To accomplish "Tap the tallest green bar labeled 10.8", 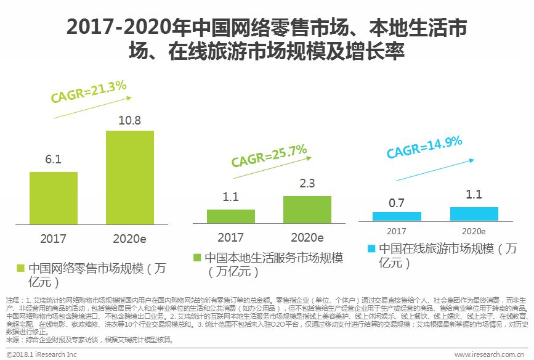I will click(x=130, y=176).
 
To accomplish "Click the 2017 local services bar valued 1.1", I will click(x=231, y=216).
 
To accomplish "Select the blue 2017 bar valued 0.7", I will click(x=397, y=216).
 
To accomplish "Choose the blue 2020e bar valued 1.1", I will click(x=474, y=213).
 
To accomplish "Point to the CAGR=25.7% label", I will click(x=269, y=156).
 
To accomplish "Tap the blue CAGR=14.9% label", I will click(x=424, y=147).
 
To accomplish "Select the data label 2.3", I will click(x=307, y=184).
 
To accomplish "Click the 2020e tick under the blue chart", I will click(x=474, y=231).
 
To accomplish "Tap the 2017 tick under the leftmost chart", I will click(x=54, y=238).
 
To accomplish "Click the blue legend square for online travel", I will click(x=371, y=249).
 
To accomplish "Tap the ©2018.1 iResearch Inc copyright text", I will click(x=39, y=354).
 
